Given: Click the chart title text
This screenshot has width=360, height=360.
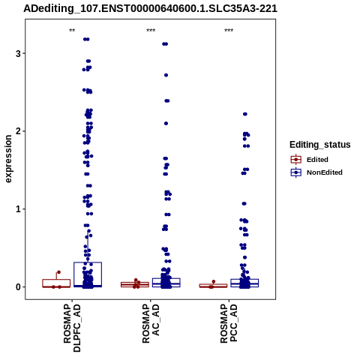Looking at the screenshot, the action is coord(150,9).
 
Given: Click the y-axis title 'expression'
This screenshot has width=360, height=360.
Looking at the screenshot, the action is coord(8,159).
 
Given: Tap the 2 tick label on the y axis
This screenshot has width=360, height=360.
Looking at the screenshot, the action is coord(18,131).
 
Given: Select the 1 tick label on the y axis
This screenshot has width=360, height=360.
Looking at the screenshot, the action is coord(18,209).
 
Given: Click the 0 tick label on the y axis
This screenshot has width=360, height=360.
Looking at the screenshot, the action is coord(18,286).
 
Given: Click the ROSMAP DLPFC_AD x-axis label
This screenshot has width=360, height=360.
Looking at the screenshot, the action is coord(72,328).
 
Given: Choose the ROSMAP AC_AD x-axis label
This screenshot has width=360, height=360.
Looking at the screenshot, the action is coord(151,324).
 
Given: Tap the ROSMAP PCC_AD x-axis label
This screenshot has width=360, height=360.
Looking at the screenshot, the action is coord(229,324).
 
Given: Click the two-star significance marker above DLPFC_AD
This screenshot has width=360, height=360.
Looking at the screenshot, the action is coord(72,31).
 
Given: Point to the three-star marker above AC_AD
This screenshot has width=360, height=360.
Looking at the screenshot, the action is coord(151,31).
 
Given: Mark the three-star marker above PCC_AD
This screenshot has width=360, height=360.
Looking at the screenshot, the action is coord(229,31).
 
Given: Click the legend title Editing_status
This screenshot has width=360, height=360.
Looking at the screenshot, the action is coord(320,145).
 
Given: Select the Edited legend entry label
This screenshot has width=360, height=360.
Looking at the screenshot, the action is coord(317,160).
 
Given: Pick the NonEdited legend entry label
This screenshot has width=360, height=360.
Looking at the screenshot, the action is coord(325,172).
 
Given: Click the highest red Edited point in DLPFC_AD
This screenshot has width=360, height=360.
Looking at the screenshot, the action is coord(59,272).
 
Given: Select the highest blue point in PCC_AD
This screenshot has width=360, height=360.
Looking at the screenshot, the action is coord(245,114).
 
